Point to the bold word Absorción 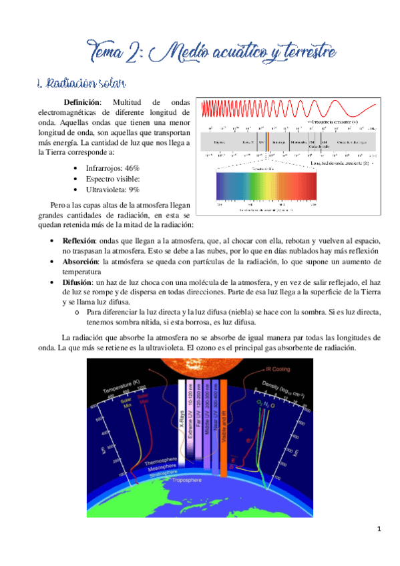(80, 262)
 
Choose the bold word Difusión (79, 283)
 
